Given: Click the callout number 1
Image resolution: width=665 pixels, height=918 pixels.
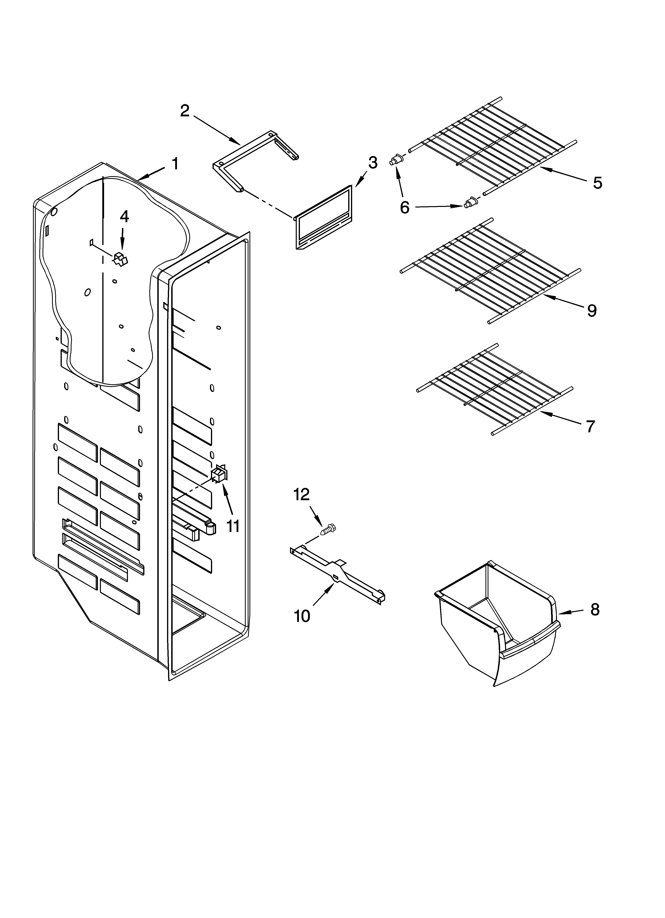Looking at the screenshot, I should pyautogui.click(x=175, y=164).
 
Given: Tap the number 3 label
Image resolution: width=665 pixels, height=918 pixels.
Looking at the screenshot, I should pyautogui.click(x=373, y=163).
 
